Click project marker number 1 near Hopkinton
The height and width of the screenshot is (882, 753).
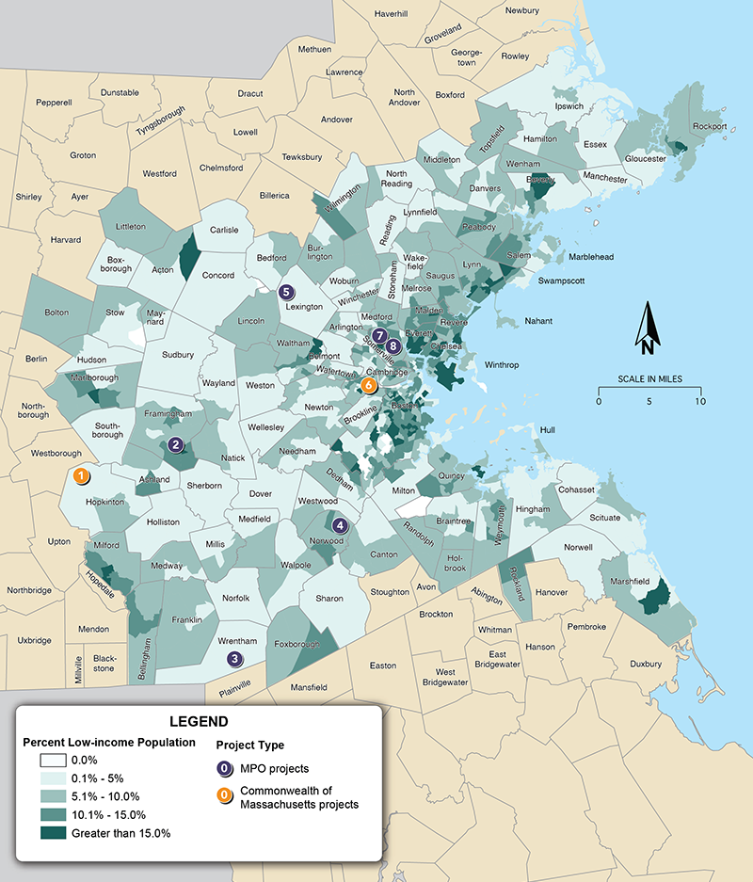[83, 476]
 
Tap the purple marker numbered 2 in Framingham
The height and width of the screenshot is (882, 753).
[175, 445]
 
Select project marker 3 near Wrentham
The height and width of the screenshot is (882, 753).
[234, 660]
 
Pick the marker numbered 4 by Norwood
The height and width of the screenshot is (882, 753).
[341, 526]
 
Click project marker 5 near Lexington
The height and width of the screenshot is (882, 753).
[287, 292]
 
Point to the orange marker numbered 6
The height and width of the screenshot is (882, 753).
[368, 385]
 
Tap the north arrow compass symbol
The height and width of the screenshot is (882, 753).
[648, 329]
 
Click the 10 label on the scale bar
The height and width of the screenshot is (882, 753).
[699, 402]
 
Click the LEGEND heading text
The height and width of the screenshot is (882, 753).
[199, 722]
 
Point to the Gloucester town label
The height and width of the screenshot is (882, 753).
[640, 159]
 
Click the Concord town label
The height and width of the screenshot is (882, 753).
[218, 275]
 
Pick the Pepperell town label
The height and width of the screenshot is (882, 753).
[54, 103]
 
